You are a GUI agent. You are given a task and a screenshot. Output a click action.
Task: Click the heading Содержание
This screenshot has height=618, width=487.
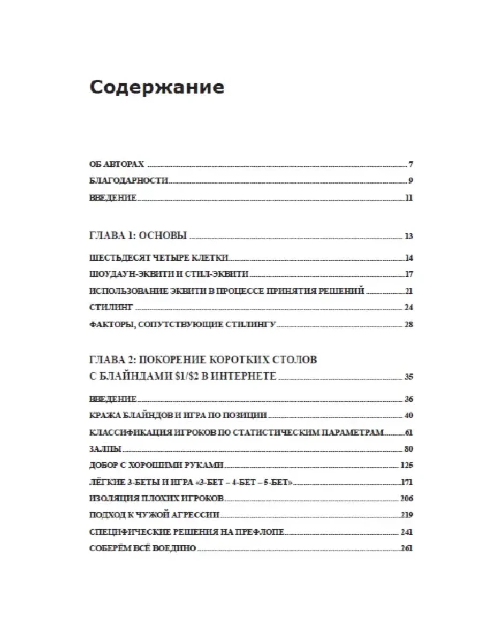coord(157,87)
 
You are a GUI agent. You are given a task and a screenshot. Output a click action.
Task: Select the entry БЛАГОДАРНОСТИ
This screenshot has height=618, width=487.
coord(129,181)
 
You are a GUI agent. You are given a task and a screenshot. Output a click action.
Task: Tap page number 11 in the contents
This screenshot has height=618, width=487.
coord(409,197)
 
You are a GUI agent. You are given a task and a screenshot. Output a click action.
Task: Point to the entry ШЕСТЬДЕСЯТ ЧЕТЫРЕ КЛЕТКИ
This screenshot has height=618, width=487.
coord(159,257)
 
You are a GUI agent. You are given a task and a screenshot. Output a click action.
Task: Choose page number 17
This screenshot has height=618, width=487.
coord(409,274)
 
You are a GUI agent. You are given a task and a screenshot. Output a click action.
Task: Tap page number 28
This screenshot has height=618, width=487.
coord(408,324)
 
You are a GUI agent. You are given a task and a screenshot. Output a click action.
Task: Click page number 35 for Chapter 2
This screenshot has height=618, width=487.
coord(408,377)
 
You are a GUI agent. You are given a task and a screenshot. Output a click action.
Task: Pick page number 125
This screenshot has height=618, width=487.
coord(406,465)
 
